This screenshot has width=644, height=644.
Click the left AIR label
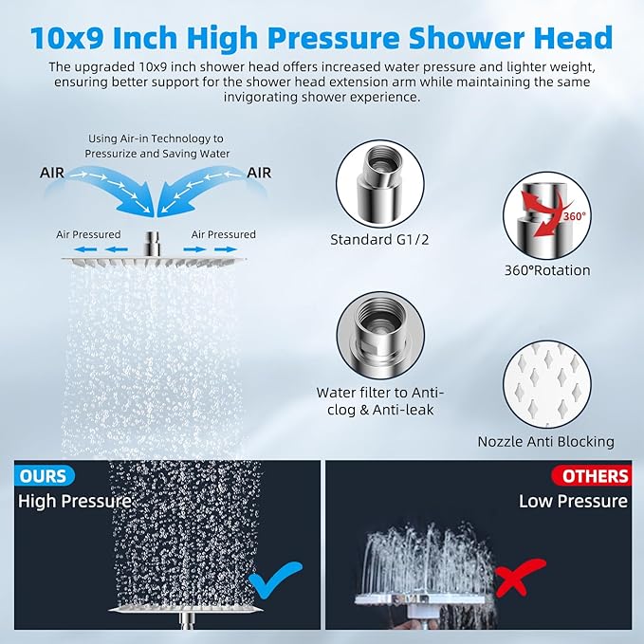coord(52,173)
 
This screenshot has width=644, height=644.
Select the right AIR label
coord(259,173)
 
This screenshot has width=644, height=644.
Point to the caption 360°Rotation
coord(547,270)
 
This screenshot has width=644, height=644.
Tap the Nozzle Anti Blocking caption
coord(545,441)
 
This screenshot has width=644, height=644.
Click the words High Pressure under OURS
coord(75,501)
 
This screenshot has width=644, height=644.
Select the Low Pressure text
coord(573,501)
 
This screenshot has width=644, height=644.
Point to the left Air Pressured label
coord(88,234)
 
